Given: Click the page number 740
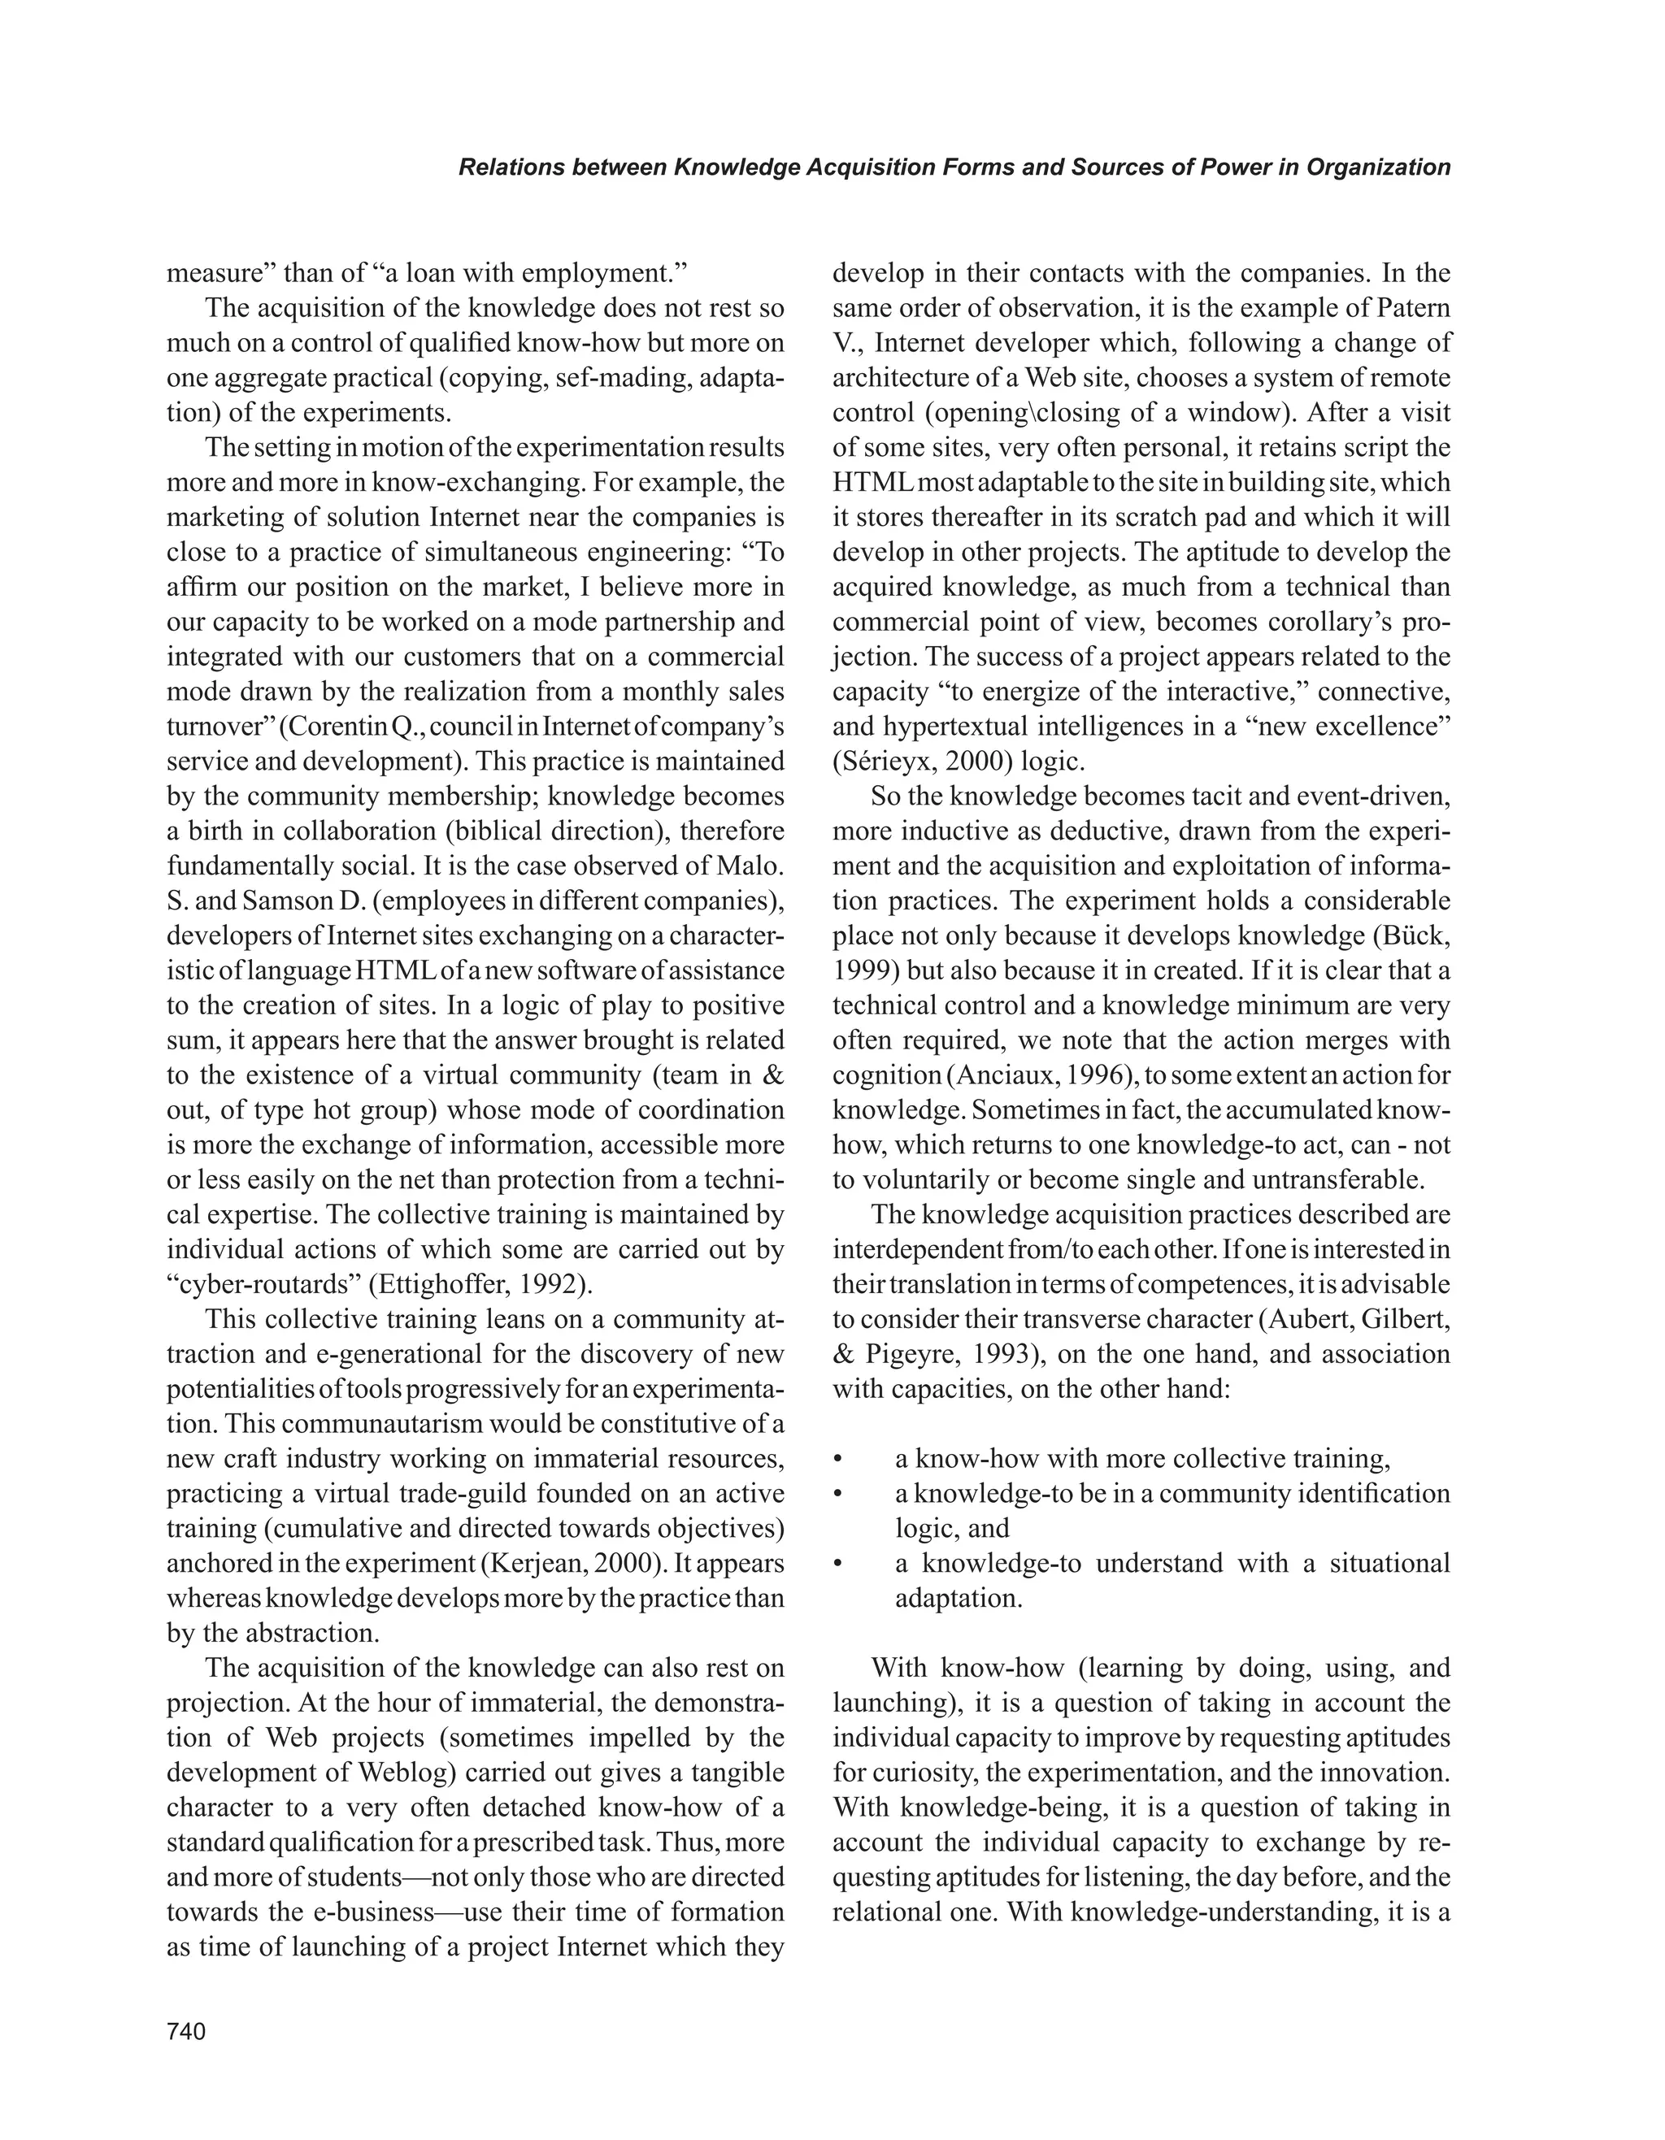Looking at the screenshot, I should click(186, 2031).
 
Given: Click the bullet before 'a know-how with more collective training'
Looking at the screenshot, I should click(838, 1459).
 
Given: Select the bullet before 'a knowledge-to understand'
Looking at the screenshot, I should click(838, 1564).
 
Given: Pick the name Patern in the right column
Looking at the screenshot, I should click(1411, 308).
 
